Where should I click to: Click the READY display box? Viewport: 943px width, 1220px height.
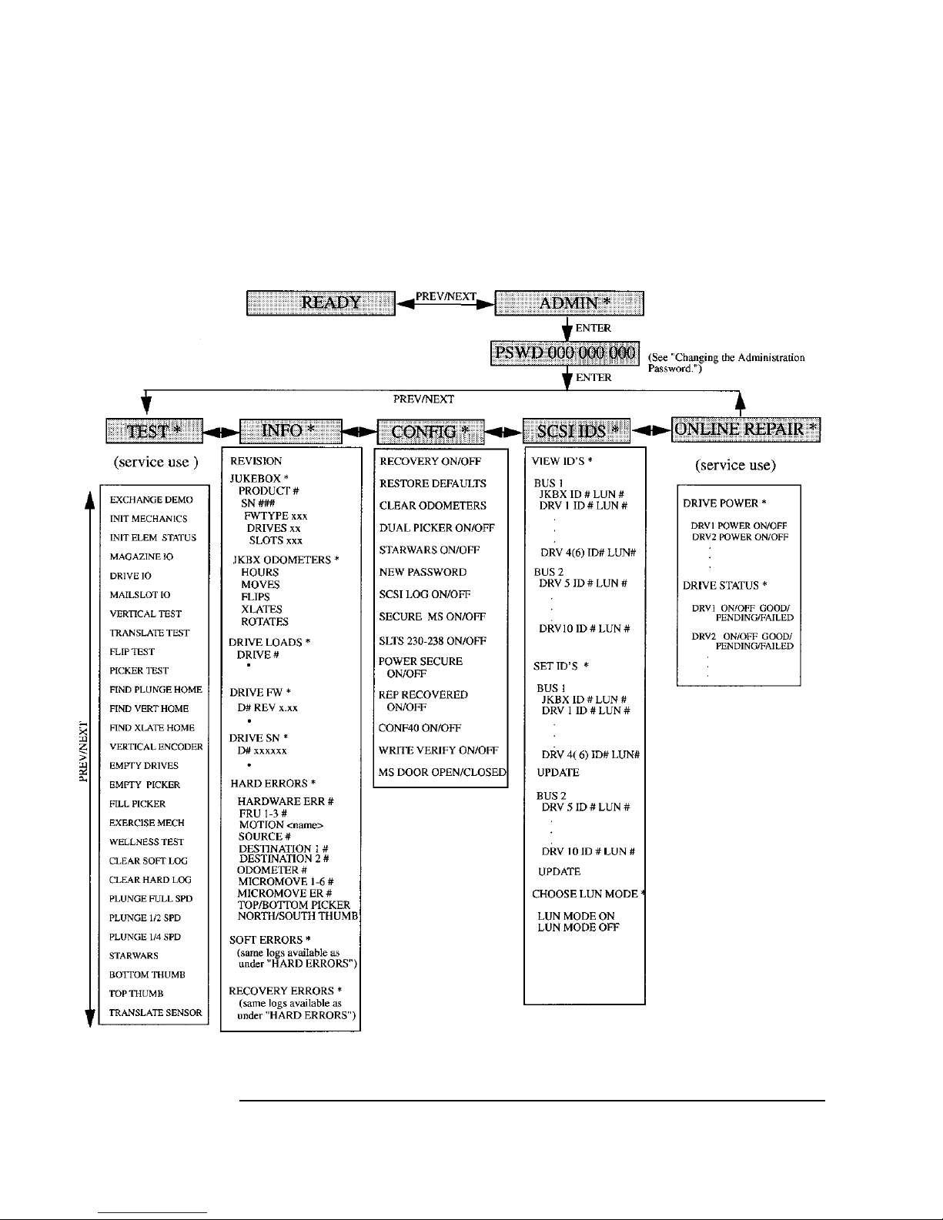tap(319, 302)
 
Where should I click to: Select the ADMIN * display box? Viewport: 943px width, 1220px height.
tap(568, 302)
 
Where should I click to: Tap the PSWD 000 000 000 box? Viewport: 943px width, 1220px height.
tap(564, 354)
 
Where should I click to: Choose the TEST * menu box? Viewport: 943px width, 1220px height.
tap(154, 431)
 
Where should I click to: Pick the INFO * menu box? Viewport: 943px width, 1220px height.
tap(291, 431)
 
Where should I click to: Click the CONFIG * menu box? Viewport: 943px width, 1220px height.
tap(430, 432)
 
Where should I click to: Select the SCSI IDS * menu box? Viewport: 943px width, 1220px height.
tap(576, 431)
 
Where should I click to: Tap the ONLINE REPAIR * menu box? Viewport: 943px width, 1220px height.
tap(745, 430)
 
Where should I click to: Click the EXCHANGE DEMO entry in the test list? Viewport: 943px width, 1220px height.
tap(151, 500)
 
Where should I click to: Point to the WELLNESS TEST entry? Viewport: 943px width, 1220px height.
tap(146, 842)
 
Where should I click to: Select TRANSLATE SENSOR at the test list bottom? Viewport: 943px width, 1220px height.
tap(155, 1013)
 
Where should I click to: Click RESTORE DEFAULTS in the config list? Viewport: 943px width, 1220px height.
tap(433, 484)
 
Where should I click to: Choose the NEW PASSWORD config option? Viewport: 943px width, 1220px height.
tap(423, 573)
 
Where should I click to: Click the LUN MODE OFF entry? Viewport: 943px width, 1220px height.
tap(578, 928)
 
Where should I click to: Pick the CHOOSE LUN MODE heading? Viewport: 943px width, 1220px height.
tap(585, 894)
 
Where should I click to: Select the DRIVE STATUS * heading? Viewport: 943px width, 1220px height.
tap(725, 586)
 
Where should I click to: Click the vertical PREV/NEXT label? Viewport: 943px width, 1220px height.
tap(83, 750)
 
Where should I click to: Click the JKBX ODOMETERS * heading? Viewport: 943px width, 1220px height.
tap(286, 560)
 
